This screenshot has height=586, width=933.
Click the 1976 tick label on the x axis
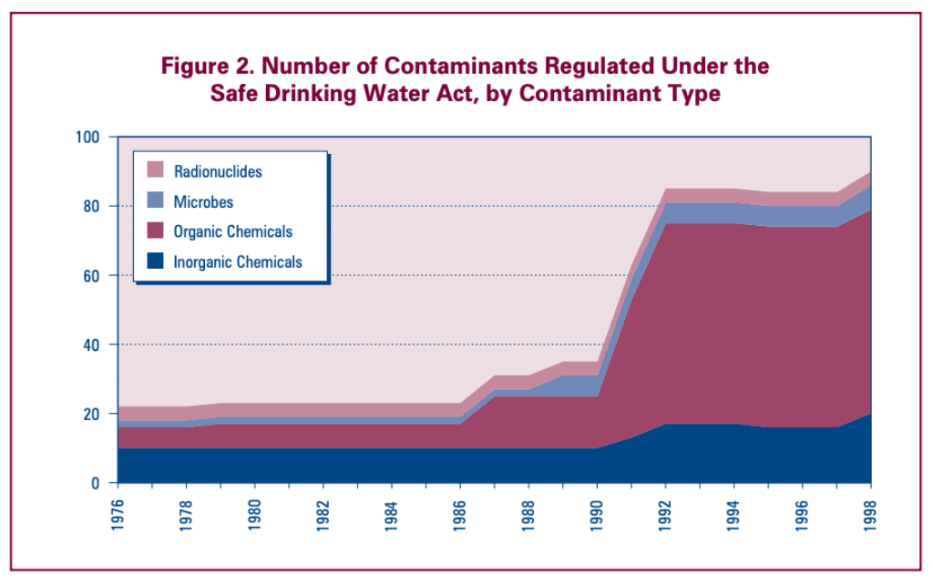[118, 513]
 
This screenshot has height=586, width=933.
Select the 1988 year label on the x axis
[529, 513]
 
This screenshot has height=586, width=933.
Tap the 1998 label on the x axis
[872, 513]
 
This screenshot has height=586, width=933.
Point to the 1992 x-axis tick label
[667, 513]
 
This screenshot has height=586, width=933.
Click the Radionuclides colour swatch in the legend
[155, 170]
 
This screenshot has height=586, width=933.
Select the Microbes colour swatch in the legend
[155, 200]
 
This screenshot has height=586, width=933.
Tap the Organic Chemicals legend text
[232, 231]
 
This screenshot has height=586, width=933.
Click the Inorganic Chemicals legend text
[237, 262]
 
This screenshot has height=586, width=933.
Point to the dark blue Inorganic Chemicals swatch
[155, 262]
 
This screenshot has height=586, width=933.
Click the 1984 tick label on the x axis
[393, 513]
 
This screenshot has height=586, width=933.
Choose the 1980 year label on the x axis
[255, 513]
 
